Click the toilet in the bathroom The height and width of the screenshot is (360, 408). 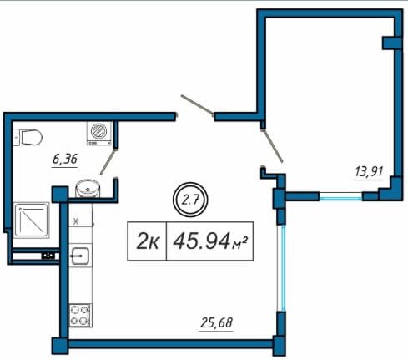pyautogui.click(x=28, y=137)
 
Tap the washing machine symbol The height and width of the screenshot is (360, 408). pyautogui.click(x=99, y=134)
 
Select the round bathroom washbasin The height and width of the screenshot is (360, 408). pyautogui.click(x=88, y=189)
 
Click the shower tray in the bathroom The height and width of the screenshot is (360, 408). pyautogui.click(x=32, y=221)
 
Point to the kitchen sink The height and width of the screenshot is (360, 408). pyautogui.click(x=80, y=256)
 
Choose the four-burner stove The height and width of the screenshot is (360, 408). pyautogui.click(x=80, y=315)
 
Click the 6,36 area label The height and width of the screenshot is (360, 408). pyautogui.click(x=65, y=160)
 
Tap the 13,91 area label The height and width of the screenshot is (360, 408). pyautogui.click(x=369, y=172)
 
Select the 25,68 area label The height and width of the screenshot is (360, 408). pyautogui.click(x=216, y=323)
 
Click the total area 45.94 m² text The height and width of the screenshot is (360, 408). pyautogui.click(x=210, y=241)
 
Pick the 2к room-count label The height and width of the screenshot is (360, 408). pyautogui.click(x=148, y=241)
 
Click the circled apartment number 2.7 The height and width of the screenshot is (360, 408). pyautogui.click(x=190, y=200)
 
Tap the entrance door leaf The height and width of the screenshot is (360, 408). pyautogui.click(x=197, y=104)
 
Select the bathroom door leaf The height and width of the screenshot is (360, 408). pyautogui.click(x=108, y=162)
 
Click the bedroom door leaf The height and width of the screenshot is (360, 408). pyautogui.click(x=273, y=145)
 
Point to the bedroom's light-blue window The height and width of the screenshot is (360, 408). pyautogui.click(x=340, y=197)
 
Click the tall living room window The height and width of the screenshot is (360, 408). pyautogui.click(x=281, y=268)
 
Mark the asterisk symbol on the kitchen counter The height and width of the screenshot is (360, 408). pyautogui.click(x=75, y=221)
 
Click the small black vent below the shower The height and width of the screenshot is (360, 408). pyautogui.click(x=48, y=255)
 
